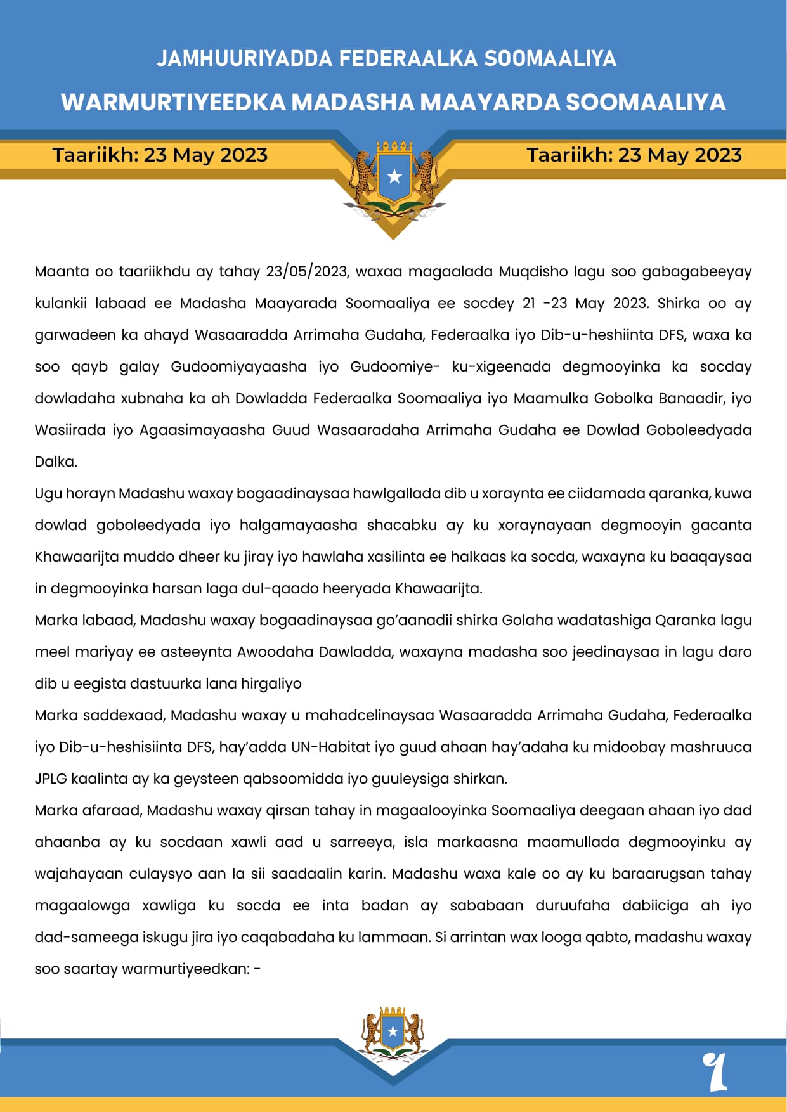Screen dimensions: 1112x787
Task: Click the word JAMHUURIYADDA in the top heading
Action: click(x=245, y=58)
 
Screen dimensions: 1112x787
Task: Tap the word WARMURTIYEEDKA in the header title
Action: click(x=172, y=102)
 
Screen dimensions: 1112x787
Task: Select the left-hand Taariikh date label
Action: click(x=160, y=155)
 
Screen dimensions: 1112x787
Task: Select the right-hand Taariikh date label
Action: click(x=634, y=155)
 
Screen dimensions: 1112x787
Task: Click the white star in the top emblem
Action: click(x=394, y=176)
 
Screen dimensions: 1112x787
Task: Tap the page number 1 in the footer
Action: click(x=715, y=1071)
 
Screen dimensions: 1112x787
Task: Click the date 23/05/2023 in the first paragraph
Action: click(x=306, y=272)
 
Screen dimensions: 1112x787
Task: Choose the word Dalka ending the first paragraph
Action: click(x=55, y=462)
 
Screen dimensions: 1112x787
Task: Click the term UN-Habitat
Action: click(x=330, y=747)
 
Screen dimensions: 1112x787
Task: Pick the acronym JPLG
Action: click(x=51, y=779)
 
